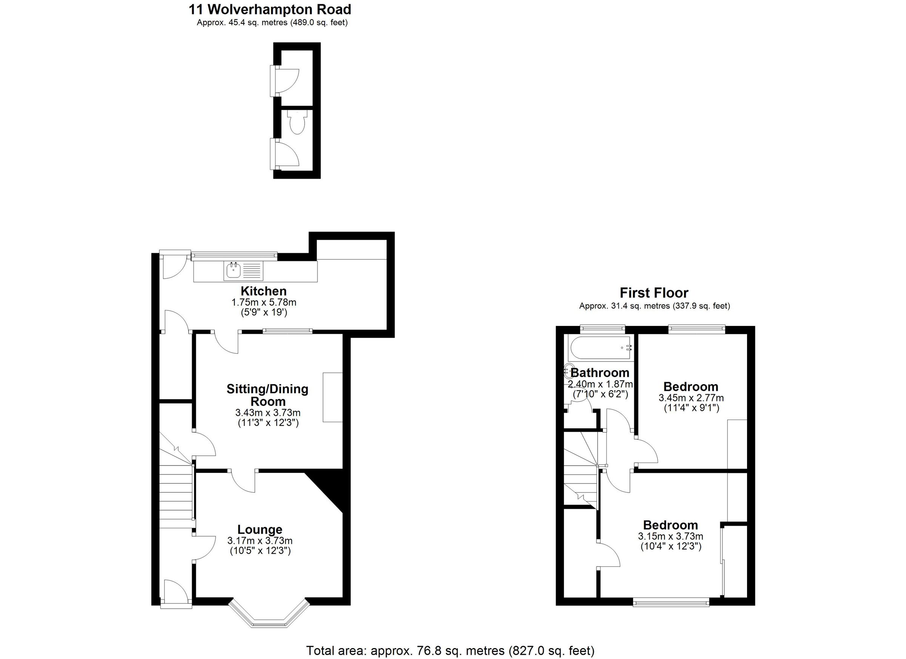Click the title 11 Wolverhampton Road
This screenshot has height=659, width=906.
(x=270, y=9)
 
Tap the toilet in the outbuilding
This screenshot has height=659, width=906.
(x=297, y=123)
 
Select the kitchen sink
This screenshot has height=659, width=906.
(x=233, y=270)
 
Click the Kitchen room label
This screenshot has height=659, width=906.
(x=263, y=291)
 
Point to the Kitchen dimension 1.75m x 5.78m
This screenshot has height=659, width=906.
(x=263, y=302)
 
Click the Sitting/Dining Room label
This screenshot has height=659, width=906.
(x=267, y=395)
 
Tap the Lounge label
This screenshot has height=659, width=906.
(x=260, y=529)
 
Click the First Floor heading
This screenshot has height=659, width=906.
(x=653, y=293)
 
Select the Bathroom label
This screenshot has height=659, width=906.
(x=599, y=373)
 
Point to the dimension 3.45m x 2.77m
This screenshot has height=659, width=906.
(x=691, y=398)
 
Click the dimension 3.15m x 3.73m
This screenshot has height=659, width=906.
(x=670, y=536)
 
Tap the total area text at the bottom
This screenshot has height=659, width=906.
(x=450, y=651)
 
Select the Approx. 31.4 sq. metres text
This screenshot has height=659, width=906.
(x=654, y=306)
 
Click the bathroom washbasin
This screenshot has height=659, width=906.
(x=568, y=372)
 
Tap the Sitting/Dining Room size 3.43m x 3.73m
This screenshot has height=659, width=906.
(x=268, y=412)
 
